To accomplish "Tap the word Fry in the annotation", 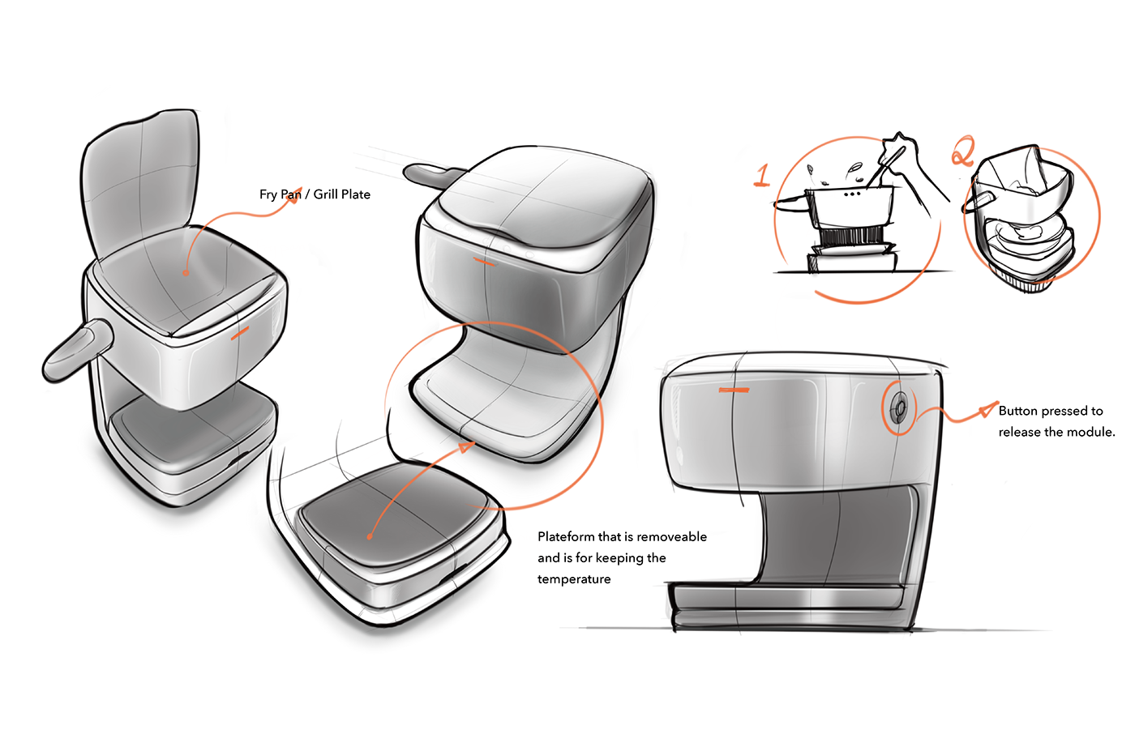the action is point(268,195).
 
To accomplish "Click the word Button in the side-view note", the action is point(1017,411).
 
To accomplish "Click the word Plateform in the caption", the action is point(566,536).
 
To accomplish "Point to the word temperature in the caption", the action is point(574,579).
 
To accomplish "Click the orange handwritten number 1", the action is point(762,176).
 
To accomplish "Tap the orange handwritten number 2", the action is point(962,151).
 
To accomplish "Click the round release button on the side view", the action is point(899,407).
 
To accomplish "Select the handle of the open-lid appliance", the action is point(75,350).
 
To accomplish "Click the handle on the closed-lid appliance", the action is point(433,175).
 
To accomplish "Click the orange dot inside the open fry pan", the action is point(186,273).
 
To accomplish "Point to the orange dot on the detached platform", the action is point(370,536).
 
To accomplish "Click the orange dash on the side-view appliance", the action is point(735,390).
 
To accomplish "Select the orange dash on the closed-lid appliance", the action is point(484,262).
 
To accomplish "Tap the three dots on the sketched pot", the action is point(852,194).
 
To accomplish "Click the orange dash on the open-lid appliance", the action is point(240,333).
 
